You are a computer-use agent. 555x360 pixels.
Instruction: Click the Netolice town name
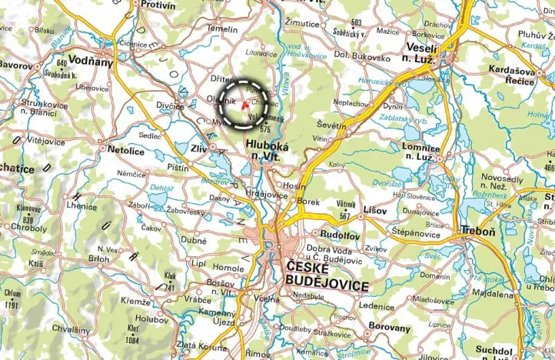(x=126, y=150)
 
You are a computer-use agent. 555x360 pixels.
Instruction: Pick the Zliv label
(x=200, y=148)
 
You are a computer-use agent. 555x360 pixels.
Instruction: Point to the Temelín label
(x=223, y=29)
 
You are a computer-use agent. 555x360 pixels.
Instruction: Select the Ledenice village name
(x=376, y=305)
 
